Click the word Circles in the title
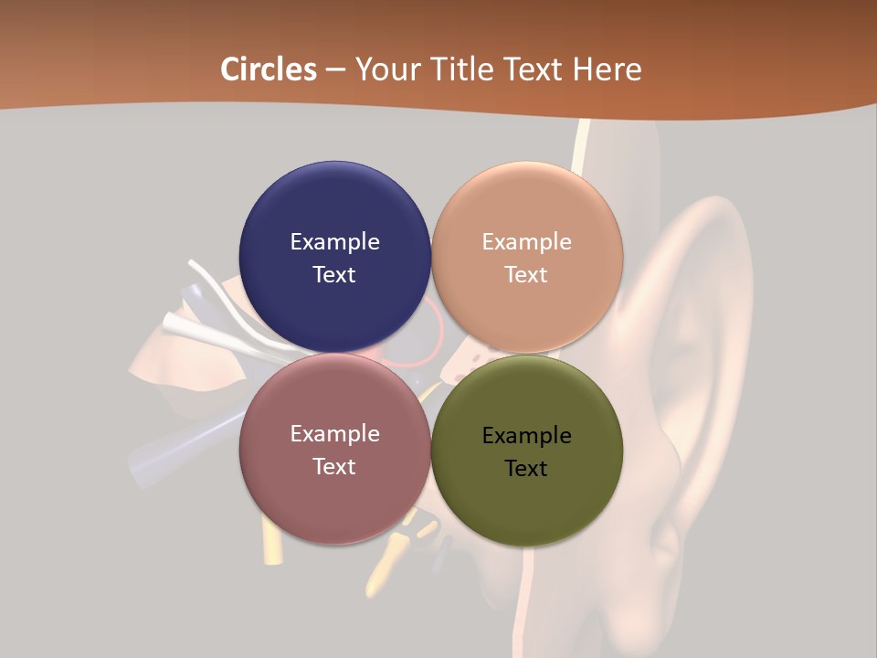coord(268,69)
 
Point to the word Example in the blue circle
coord(334,242)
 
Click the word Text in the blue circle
coord(334,275)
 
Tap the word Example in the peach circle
coord(527,242)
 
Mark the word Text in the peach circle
coord(527,275)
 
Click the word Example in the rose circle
coord(334,434)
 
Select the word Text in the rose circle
coord(334,467)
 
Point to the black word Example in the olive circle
coord(527,436)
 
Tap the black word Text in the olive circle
coord(527,469)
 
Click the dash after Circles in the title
coord(335,69)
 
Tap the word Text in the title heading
coord(531,69)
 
